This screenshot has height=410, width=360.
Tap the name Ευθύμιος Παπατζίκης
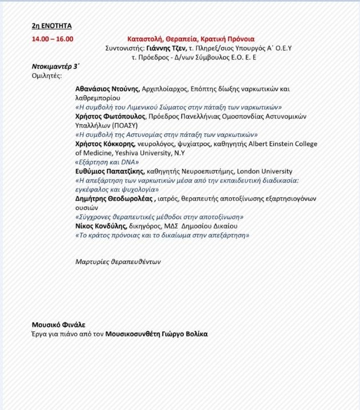[x=110, y=171]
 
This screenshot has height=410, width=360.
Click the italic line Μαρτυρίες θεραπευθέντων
[x=118, y=262]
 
